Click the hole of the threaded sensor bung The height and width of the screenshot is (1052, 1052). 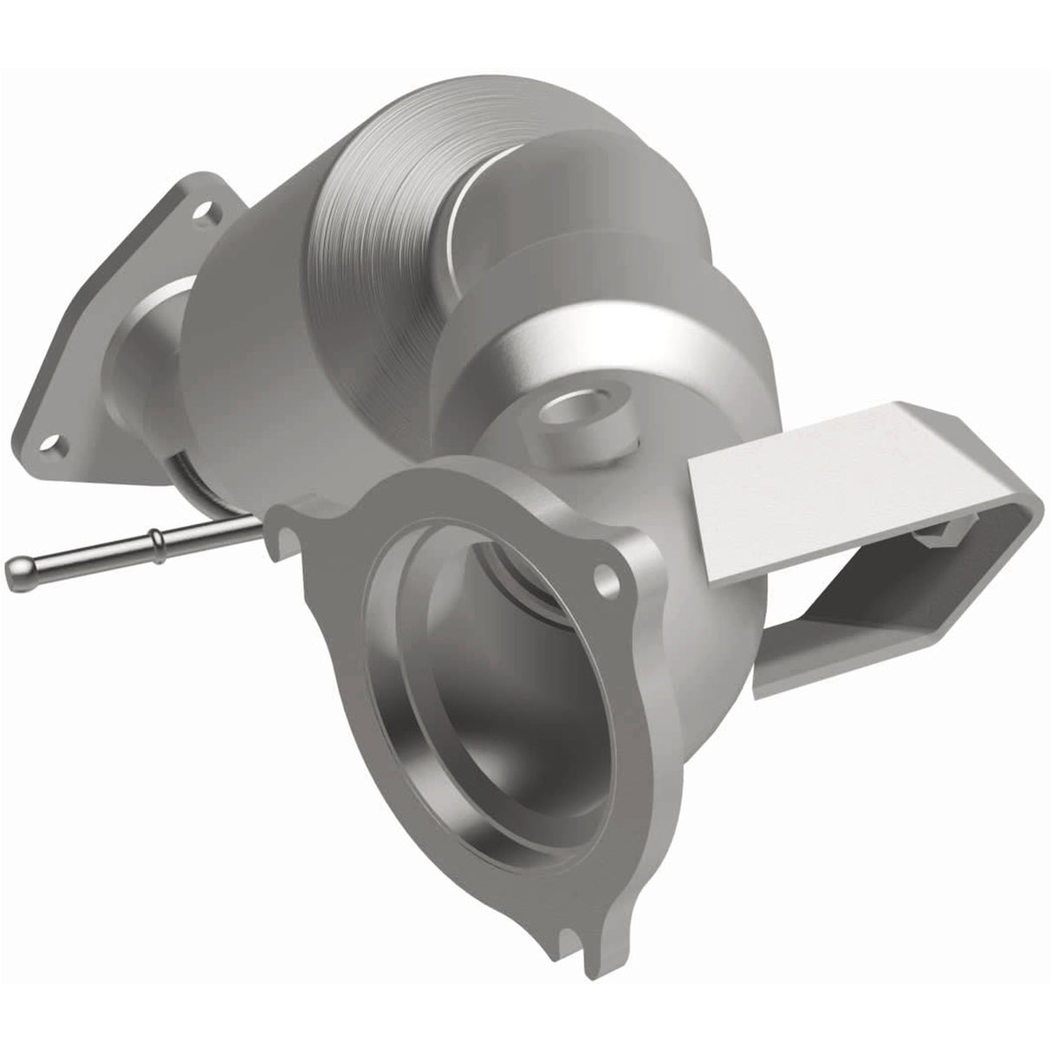coord(565,407)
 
